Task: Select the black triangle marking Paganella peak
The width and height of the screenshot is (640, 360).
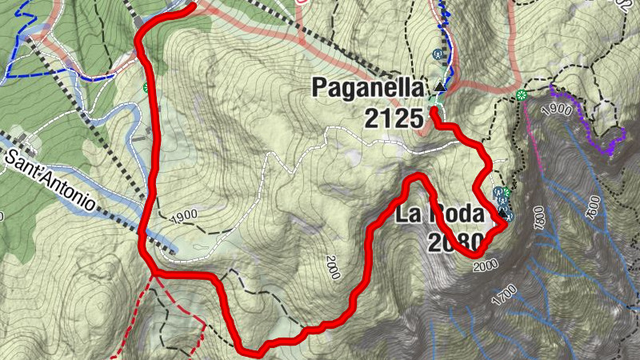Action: [x=440, y=86]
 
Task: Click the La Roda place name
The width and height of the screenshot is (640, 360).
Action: [x=439, y=214]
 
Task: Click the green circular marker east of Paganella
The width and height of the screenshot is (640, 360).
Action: [x=522, y=96]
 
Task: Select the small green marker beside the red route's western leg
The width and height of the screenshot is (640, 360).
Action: [x=146, y=87]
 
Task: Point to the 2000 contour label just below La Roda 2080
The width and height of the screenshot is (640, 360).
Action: [x=486, y=265]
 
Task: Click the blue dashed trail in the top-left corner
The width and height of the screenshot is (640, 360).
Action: [x=20, y=56]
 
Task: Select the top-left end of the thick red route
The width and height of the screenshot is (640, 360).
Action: [x=192, y=7]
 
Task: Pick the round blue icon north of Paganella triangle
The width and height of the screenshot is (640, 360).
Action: [x=437, y=54]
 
